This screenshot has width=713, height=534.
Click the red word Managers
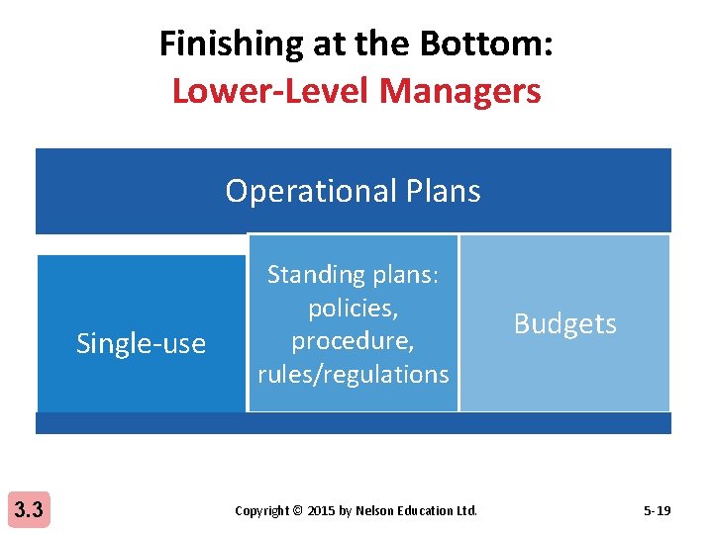(x=459, y=91)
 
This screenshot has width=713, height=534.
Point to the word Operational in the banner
(x=307, y=190)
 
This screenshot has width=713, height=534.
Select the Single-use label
(x=141, y=344)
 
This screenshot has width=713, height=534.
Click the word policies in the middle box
(x=353, y=308)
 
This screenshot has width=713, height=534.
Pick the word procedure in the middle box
(x=353, y=340)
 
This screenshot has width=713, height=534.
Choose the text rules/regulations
(x=353, y=374)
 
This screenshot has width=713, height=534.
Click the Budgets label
(x=564, y=323)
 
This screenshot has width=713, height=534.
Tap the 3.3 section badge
(x=28, y=510)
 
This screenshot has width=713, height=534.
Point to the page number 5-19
(x=657, y=511)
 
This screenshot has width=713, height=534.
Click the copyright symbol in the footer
(x=298, y=511)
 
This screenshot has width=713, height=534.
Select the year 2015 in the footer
(x=322, y=511)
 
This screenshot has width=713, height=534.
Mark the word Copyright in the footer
(x=261, y=511)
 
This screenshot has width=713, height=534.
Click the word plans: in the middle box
(x=407, y=274)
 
